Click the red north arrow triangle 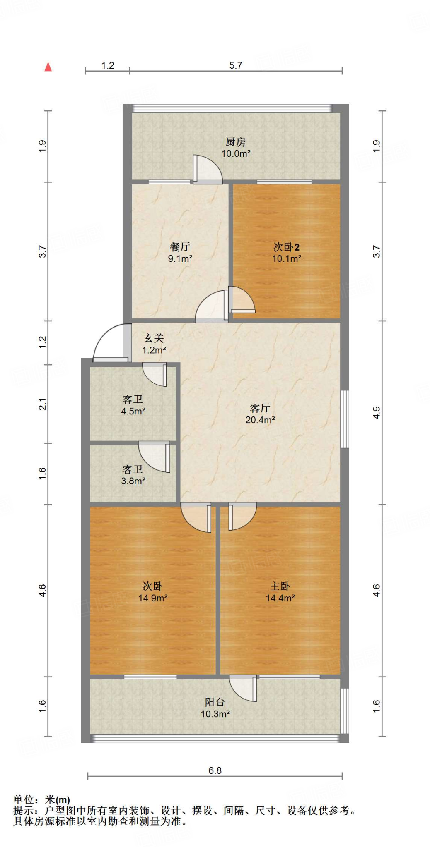click(x=48, y=67)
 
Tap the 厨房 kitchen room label click(x=236, y=142)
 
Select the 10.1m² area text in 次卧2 click(x=286, y=259)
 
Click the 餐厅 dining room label click(x=180, y=247)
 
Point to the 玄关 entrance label click(x=154, y=338)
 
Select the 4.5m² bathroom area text click(x=133, y=412)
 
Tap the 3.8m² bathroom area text click(x=133, y=481)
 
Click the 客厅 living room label click(x=260, y=408)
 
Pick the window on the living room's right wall click(x=344, y=419)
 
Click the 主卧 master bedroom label click(x=280, y=586)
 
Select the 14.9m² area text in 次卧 click(x=153, y=598)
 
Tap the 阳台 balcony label click(x=215, y=702)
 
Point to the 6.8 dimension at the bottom click(x=215, y=770)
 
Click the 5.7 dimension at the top click(x=236, y=65)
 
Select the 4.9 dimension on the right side click(x=376, y=413)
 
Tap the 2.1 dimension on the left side click(x=42, y=404)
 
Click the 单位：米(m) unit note click(x=42, y=800)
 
